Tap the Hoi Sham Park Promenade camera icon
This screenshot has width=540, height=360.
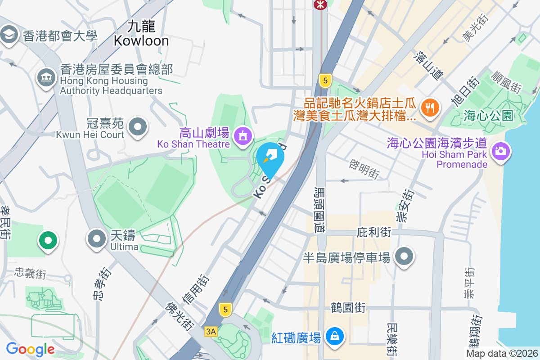click(500, 151)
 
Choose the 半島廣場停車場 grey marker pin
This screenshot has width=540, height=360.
click(404, 257)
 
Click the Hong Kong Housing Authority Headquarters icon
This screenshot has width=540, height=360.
click(46, 78)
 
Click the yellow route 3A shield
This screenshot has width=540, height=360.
click(211, 332)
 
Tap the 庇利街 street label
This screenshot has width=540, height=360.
click(373, 233)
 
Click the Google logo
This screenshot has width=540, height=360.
click(30, 349)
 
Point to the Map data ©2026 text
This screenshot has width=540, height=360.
click(502, 353)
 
